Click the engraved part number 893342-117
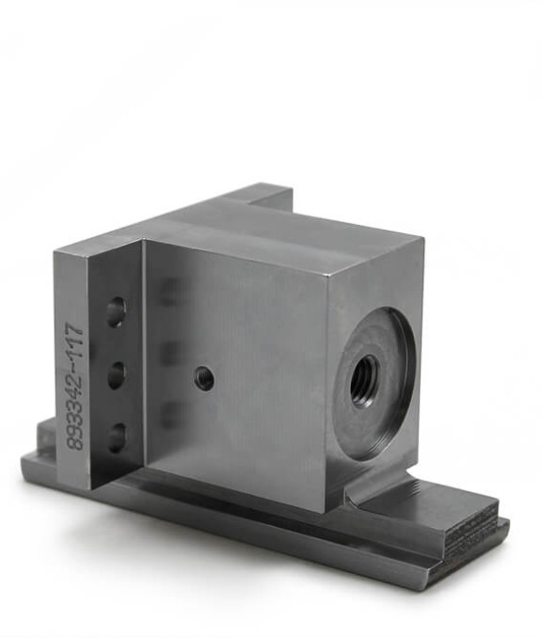pos(76,387)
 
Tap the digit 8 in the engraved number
pos(75,443)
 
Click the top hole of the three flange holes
pos(116,312)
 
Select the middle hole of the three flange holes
pos(117,375)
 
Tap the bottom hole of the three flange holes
pos(117,438)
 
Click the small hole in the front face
pos(204,377)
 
